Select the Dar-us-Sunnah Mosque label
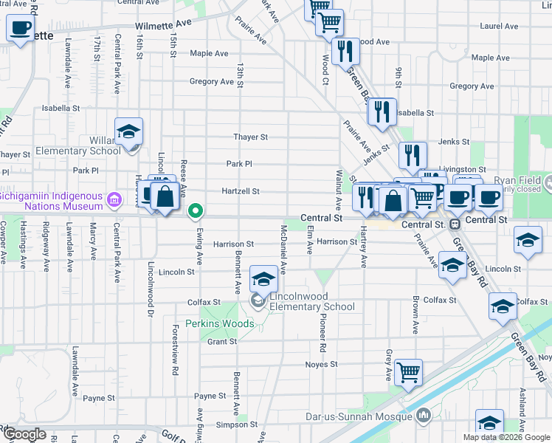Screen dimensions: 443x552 click(359, 416)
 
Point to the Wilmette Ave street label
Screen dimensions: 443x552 click(163, 24)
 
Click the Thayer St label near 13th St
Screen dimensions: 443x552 click(250, 137)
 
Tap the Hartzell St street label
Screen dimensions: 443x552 click(241, 191)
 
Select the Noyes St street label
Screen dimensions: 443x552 click(321, 364)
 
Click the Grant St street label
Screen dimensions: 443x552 click(221, 342)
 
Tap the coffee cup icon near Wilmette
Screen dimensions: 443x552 click(20, 29)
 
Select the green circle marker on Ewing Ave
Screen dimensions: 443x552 click(196, 211)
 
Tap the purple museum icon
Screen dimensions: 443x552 click(114, 199)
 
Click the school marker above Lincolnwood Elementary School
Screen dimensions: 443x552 click(263, 278)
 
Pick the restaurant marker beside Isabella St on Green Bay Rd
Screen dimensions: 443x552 click(382, 111)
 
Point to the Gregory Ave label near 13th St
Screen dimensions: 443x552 click(212, 81)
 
